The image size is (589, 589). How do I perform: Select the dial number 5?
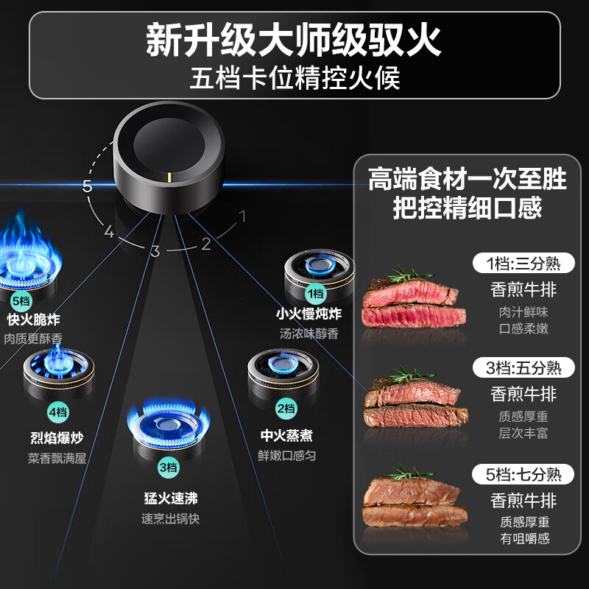pyautogui.click(x=88, y=186)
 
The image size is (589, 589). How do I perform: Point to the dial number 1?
pyautogui.click(x=241, y=216)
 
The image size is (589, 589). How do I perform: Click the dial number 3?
pyautogui.click(x=155, y=251)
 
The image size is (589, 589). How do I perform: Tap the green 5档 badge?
pyautogui.click(x=21, y=300)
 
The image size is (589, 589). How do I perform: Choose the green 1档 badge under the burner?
pyautogui.click(x=315, y=294)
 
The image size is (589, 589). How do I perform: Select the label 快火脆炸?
pyautogui.click(x=33, y=320)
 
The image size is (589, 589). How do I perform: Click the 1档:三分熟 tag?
pyautogui.click(x=523, y=264)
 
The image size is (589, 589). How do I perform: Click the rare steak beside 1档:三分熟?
pyautogui.click(x=414, y=302)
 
